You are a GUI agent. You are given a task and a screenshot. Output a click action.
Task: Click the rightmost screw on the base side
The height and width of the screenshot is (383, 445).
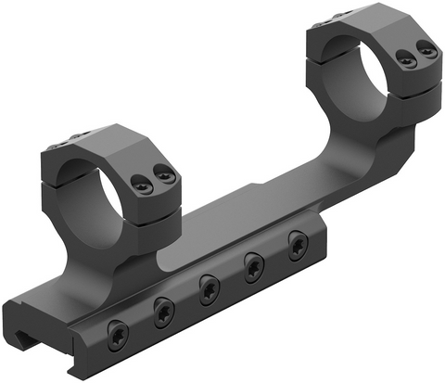297,244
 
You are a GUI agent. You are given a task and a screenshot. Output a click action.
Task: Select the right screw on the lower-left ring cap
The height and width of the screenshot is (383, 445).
164,173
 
